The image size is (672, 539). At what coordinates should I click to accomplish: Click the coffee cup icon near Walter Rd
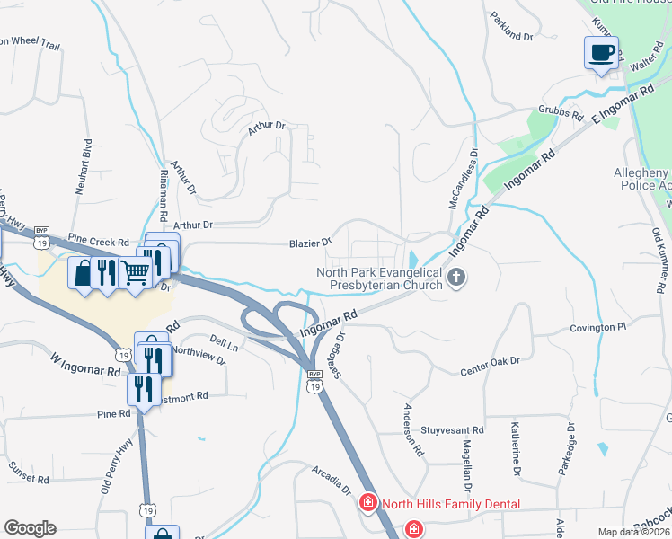pyautogui.click(x=601, y=51)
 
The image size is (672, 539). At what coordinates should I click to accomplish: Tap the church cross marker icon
pyautogui.click(x=457, y=277)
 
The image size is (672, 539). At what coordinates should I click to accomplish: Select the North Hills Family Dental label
pyautogui.click(x=450, y=504)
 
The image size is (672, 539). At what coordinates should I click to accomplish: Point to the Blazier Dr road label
pyautogui.click(x=310, y=243)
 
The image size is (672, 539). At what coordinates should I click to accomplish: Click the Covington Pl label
pyautogui.click(x=597, y=329)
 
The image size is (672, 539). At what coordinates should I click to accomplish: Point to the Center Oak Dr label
pyautogui.click(x=491, y=363)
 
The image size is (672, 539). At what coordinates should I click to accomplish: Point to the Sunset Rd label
pyautogui.click(x=28, y=473)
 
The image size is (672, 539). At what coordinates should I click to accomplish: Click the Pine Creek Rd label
pyautogui.click(x=99, y=243)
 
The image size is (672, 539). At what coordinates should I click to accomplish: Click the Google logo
pyautogui.click(x=30, y=528)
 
